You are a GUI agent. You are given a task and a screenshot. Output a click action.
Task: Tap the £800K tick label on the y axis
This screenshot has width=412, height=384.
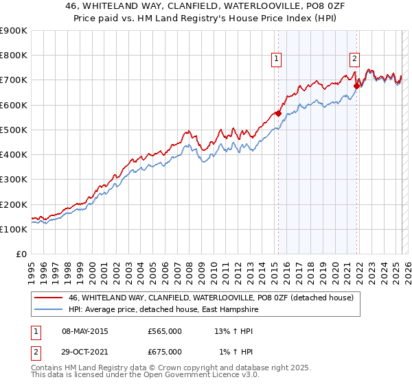[14, 56]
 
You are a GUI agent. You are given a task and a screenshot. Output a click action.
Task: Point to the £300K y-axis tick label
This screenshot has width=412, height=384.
[14, 180]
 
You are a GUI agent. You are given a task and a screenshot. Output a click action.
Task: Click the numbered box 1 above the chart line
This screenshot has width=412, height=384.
[276, 60]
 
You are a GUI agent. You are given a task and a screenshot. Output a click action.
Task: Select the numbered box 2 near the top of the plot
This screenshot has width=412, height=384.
[355, 60]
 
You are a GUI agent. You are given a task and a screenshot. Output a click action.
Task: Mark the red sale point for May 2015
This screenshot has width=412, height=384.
[278, 114]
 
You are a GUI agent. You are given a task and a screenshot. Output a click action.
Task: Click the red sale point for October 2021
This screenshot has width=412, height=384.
[357, 86]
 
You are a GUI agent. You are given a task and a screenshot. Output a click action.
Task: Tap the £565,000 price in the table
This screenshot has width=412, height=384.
[165, 331]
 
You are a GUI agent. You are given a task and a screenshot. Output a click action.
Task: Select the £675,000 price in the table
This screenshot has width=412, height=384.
[165, 352]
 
